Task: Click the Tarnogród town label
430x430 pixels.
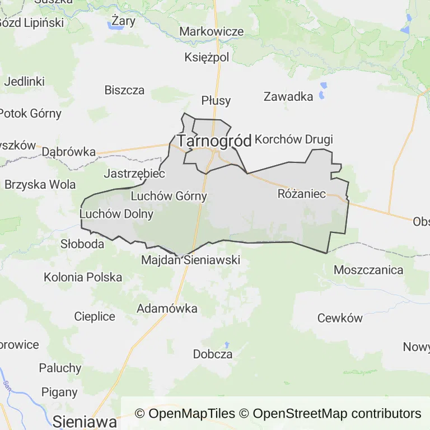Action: click(214, 141)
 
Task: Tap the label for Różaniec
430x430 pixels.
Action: click(302, 194)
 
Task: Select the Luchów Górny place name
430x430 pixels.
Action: click(169, 196)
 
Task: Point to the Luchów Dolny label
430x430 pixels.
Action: click(109, 214)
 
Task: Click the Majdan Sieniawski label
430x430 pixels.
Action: click(190, 260)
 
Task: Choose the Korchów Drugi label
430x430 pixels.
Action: click(294, 139)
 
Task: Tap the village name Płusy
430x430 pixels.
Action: click(216, 100)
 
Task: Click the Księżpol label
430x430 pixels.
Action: click(207, 57)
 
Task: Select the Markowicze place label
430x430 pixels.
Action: click(212, 31)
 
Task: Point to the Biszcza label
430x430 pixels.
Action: click(124, 90)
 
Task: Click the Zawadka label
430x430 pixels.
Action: click(288, 96)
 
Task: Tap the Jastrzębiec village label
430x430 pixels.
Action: click(134, 174)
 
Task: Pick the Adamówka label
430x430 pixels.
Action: click(167, 309)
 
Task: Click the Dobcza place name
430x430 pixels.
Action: click(213, 354)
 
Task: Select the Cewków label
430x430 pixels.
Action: click(340, 318)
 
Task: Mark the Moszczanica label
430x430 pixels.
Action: click(368, 270)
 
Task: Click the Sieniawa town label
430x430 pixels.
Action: click(85, 422)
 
